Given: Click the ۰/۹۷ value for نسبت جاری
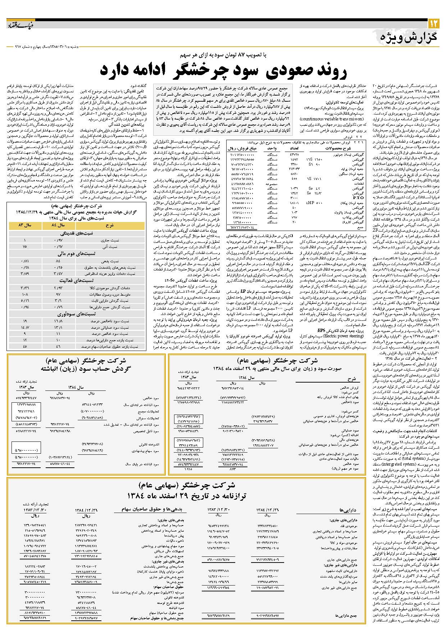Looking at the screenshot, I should [x=58, y=240].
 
